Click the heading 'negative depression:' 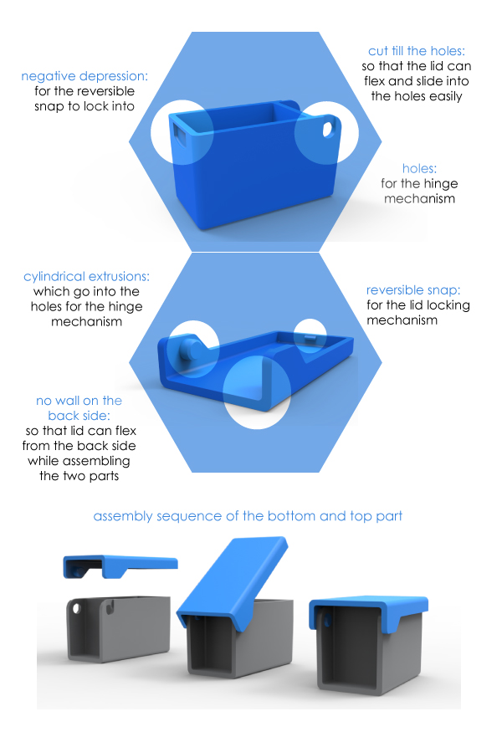pos(85,76)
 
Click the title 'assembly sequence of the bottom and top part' pos(248,516)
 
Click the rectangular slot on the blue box pos(182,131)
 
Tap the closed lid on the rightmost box pos(368,615)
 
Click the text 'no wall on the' pos(79,401)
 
